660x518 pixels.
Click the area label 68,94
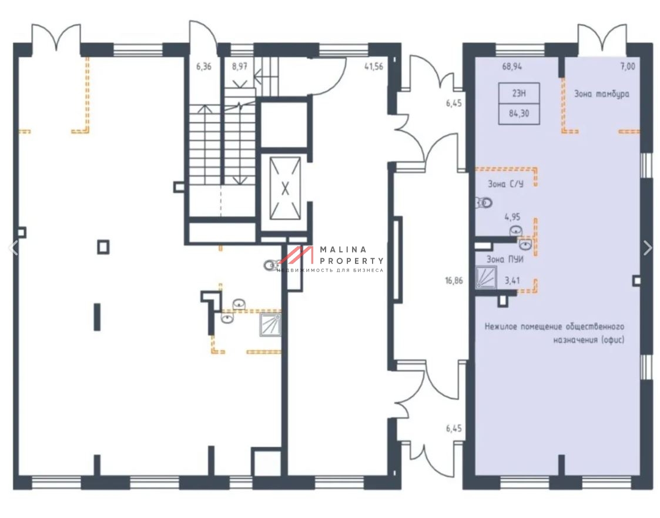pos(512,66)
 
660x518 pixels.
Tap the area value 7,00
pos(628,66)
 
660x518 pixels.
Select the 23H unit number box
pos(519,93)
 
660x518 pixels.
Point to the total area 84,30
pos(519,113)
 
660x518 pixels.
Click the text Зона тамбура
pos(602,94)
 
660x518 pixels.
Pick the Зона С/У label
pos(505,184)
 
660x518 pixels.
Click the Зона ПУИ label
pos(505,259)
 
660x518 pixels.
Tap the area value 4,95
pos(512,218)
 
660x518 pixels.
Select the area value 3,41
pos(512,280)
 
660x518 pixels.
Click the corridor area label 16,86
pos(454,280)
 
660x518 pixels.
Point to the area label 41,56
pos(374,66)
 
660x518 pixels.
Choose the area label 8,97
pos(240,66)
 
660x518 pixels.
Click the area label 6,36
pos(204,66)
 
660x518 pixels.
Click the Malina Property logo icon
pos(296,255)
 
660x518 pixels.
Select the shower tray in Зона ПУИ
pos(486,278)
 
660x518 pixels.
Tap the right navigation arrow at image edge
pos(648,248)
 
